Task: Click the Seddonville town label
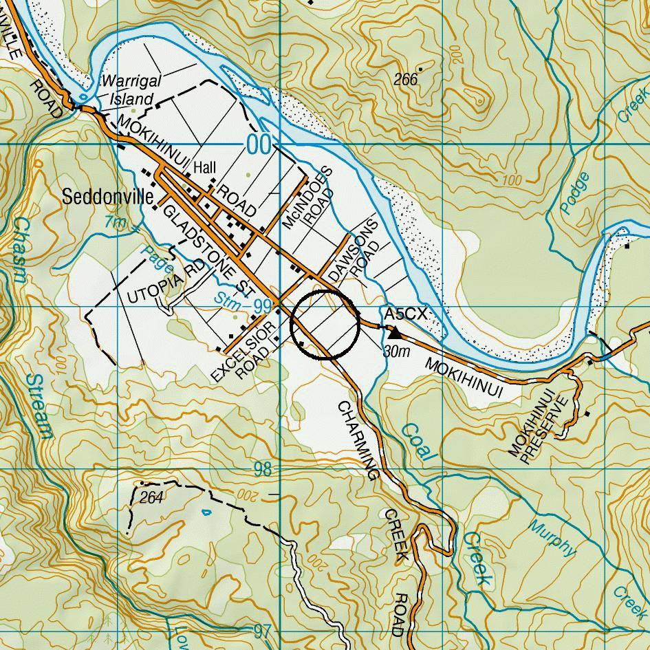tap(108, 197)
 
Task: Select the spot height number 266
tap(406, 79)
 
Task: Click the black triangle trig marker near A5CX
tap(396, 333)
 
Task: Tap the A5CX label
tap(406, 314)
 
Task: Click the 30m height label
tap(396, 351)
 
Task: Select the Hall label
tap(204, 168)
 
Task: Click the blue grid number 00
tap(259, 145)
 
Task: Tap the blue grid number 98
tap(263, 470)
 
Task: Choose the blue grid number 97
tap(263, 631)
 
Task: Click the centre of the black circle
tap(325, 325)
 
